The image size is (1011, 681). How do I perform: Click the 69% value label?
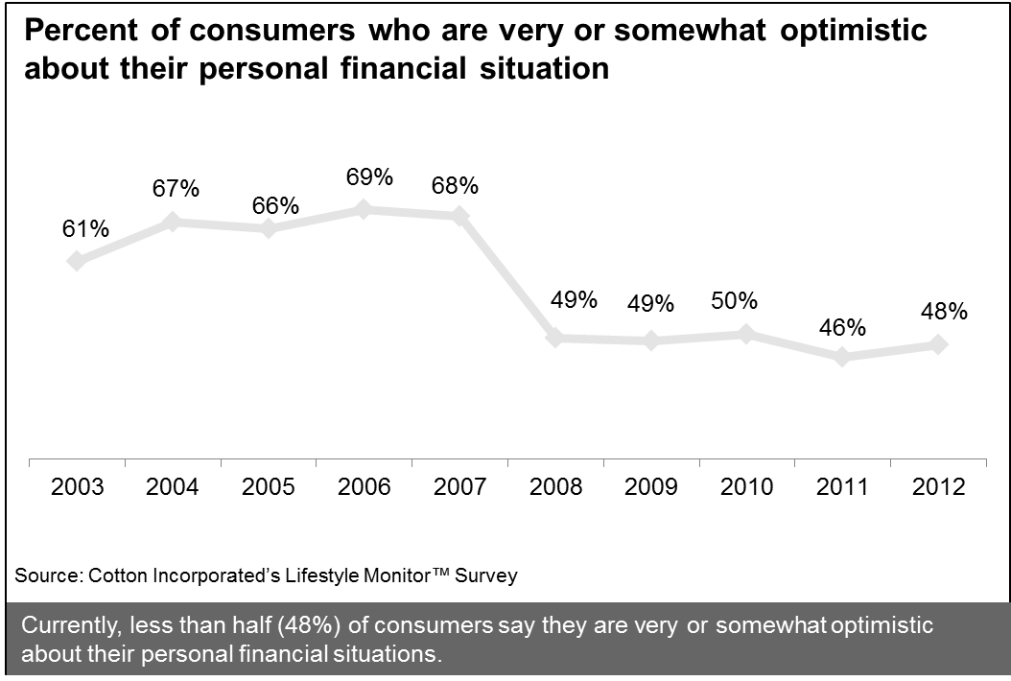pos(368,177)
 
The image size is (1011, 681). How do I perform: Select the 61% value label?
pos(85,229)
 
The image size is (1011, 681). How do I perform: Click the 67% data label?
pos(176,188)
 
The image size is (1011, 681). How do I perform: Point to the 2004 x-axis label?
pos(173,487)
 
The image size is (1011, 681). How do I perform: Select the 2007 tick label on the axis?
pos(460,487)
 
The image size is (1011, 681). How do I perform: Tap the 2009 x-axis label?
pos(652,487)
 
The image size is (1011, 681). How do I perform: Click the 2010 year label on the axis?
pos(748,487)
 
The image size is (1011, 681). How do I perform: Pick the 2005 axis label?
pos(269,487)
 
